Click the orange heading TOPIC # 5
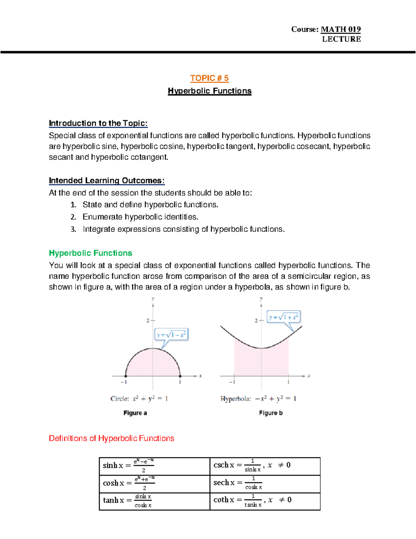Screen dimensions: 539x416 tap(209, 78)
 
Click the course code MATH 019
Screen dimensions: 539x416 tap(340, 30)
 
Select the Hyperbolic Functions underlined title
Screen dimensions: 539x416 tap(209, 91)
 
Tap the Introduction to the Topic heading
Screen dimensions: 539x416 tap(98, 123)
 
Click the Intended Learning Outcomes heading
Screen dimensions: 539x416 tap(106, 180)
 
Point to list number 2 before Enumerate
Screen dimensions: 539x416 tap(73, 217)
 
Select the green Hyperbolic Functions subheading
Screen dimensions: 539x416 tap(90, 253)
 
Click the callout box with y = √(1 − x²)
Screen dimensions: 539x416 tap(171, 335)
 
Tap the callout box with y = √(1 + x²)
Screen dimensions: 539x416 tap(283, 317)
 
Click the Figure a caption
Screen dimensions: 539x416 tap(135, 413)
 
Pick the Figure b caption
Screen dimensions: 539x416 tap(271, 413)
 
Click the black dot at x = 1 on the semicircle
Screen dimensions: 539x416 tap(180, 376)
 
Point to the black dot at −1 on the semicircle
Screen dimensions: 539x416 tap(126, 376)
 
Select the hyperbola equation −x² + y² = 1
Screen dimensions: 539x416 tap(275, 399)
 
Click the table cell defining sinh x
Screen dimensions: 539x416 tap(154, 466)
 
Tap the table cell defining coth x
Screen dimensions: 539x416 tap(265, 501)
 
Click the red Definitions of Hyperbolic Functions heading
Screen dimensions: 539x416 tap(111, 438)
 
